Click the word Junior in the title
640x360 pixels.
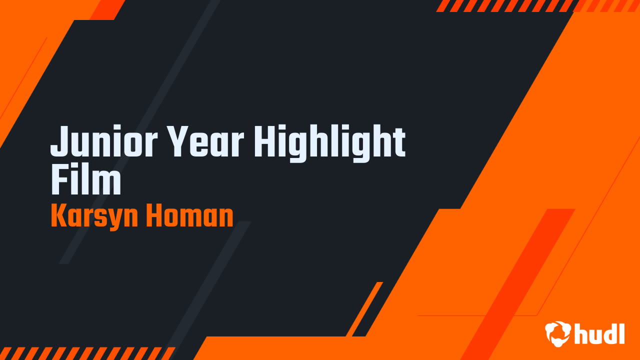pos(104,141)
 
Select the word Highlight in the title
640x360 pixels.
pos(329,143)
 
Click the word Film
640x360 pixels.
pos(86,180)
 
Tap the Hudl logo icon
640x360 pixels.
pos(557,333)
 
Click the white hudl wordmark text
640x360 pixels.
pos(599,333)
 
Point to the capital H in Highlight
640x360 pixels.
pos(265,141)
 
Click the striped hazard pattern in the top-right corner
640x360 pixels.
pos(537,5)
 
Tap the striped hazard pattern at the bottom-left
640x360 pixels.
pos(87,353)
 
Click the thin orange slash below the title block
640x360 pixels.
pos(364,309)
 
